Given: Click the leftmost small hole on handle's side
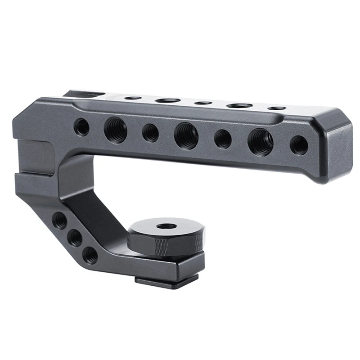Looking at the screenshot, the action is pyautogui.click(x=81, y=127).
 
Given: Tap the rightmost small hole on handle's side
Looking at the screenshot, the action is pyautogui.click(x=299, y=145).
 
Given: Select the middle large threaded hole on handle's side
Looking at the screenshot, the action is pyautogui.click(x=186, y=135).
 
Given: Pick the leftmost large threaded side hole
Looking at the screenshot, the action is pyautogui.click(x=116, y=130).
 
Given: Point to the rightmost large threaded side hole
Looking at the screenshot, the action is pyautogui.click(x=260, y=142).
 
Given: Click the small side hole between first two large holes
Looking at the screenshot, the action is pyautogui.click(x=150, y=133).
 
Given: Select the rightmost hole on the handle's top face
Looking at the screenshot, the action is pyautogui.click(x=276, y=108).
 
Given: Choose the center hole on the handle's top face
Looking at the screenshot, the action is pyautogui.click(x=203, y=103).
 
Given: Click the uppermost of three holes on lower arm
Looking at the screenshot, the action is pyautogui.click(x=60, y=220).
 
